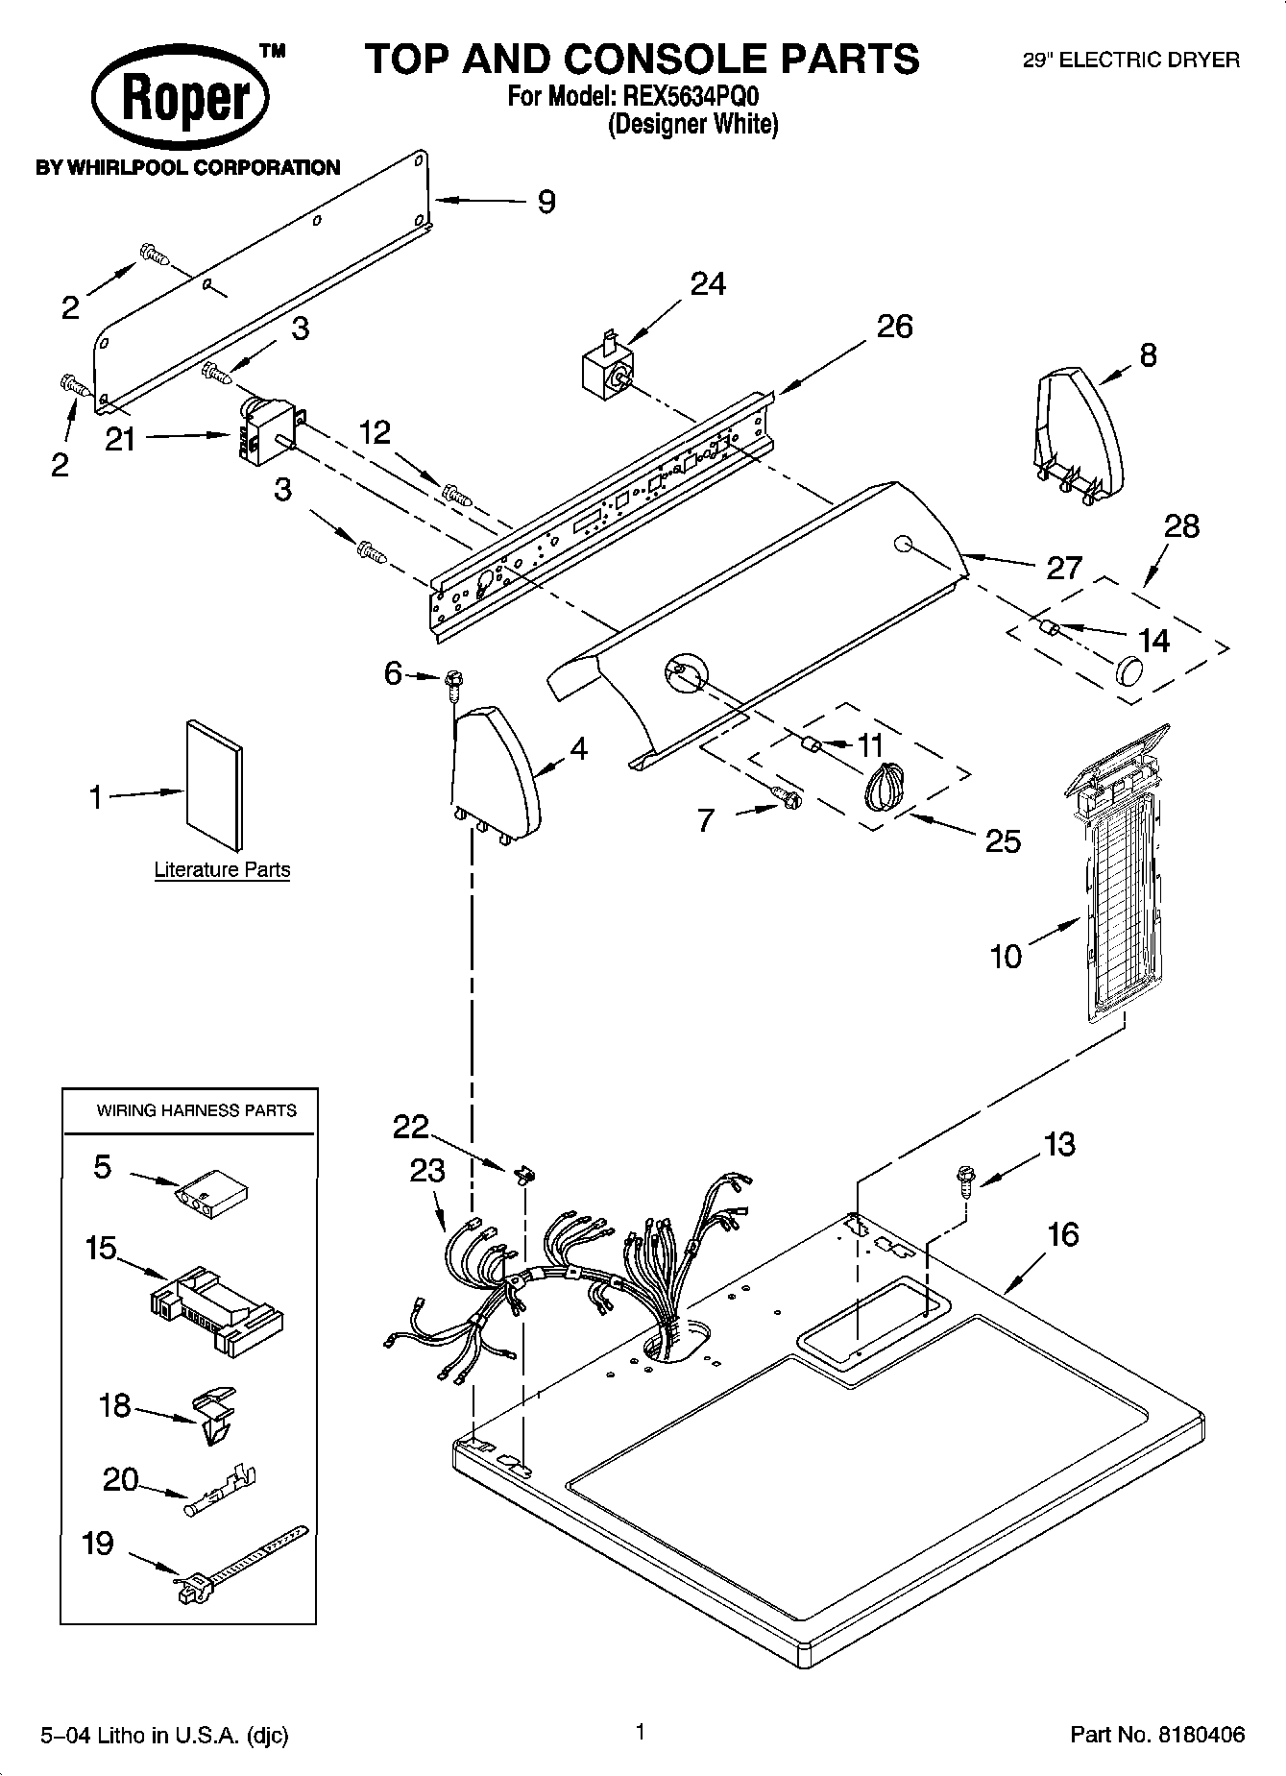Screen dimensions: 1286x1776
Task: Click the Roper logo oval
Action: (180, 98)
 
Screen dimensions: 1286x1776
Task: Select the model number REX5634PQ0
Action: (692, 96)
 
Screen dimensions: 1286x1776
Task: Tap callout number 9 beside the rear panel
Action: (546, 202)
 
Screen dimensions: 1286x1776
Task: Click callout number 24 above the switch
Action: (708, 283)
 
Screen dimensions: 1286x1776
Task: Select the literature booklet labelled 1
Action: (214, 785)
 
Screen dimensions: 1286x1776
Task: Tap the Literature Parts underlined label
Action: (222, 870)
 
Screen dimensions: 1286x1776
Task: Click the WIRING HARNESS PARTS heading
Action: (196, 1110)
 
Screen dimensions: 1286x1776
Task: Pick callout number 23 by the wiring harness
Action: (427, 1171)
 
